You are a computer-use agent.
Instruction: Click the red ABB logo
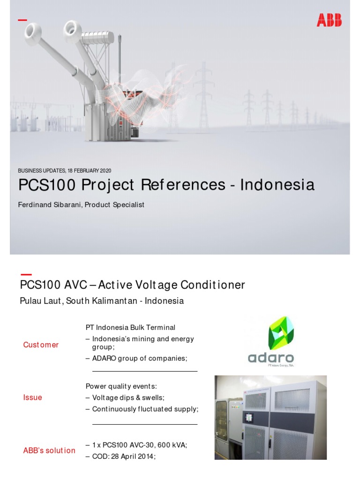tap(329, 20)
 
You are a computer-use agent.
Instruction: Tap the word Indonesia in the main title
tap(277, 185)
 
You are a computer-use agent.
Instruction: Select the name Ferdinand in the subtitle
tap(36, 205)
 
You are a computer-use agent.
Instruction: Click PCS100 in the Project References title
tap(47, 185)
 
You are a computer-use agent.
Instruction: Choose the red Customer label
tap(41, 345)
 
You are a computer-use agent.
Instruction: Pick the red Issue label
tap(33, 397)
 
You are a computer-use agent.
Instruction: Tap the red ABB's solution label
tap(49, 450)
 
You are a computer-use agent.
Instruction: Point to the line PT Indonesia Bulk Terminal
tap(130, 327)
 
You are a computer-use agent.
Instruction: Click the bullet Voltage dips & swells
tap(128, 397)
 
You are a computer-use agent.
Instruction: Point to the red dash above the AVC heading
tap(26, 274)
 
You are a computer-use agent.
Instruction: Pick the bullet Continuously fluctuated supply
tap(145, 409)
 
